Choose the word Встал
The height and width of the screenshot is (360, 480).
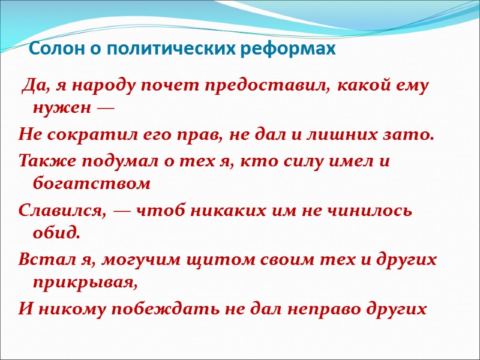[x=41, y=260]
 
